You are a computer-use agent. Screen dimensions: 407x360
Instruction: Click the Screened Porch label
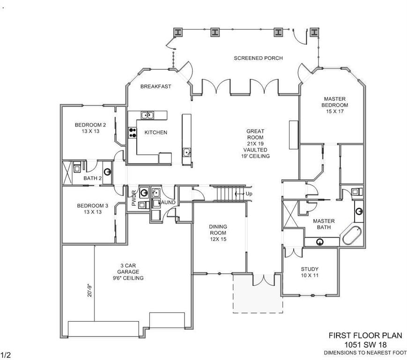[x=258, y=58]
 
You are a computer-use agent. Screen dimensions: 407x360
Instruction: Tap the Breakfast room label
[x=156, y=87]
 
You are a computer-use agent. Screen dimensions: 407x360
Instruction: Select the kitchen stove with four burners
[x=133, y=133]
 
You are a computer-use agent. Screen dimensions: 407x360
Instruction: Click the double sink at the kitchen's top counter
[x=147, y=115]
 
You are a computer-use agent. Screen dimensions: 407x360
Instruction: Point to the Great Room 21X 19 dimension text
[x=255, y=143]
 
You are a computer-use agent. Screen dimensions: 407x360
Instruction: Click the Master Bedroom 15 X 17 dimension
[x=335, y=112]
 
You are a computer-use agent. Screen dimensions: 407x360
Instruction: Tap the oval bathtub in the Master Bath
[x=352, y=236]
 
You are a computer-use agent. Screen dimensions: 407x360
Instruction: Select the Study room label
[x=310, y=269]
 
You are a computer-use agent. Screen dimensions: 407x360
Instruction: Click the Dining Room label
[x=218, y=230]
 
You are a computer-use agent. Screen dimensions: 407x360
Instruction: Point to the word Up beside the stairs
[x=249, y=194]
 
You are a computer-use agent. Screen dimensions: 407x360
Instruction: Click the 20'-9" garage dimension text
[x=90, y=290]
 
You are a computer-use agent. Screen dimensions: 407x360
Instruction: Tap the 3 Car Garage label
[x=128, y=269]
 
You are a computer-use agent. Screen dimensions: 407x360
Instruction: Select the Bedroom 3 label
[x=92, y=206]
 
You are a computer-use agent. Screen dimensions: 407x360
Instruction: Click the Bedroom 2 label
[x=90, y=125]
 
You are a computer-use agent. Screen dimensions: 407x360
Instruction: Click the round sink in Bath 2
[x=107, y=172]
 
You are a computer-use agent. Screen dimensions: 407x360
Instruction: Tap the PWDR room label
[x=134, y=198]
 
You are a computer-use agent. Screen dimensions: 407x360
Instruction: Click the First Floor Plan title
[x=365, y=336]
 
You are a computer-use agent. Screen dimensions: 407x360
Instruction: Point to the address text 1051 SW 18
[x=365, y=345]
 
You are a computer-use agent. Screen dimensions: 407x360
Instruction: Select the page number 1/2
[x=6, y=355]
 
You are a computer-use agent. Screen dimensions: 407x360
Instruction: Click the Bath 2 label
[x=92, y=179]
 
